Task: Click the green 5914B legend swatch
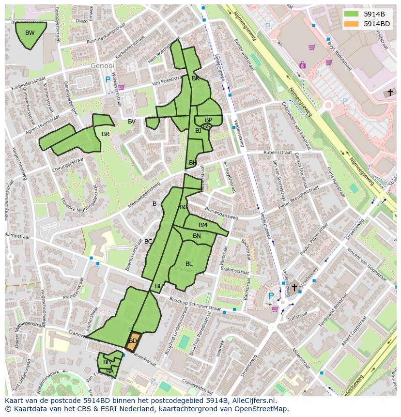click(352, 14)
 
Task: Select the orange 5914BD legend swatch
click(352, 24)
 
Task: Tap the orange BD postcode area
click(133, 341)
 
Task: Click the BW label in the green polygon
click(30, 33)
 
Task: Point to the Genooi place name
click(103, 65)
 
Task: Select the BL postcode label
click(189, 264)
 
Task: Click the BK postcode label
click(196, 78)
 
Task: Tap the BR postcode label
click(106, 134)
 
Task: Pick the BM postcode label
click(203, 225)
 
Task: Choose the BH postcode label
click(193, 163)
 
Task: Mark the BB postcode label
click(107, 362)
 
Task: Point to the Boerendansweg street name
click(221, 213)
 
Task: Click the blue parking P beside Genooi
click(108, 79)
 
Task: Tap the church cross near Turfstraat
click(294, 288)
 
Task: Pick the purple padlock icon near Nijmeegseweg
click(303, 64)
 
